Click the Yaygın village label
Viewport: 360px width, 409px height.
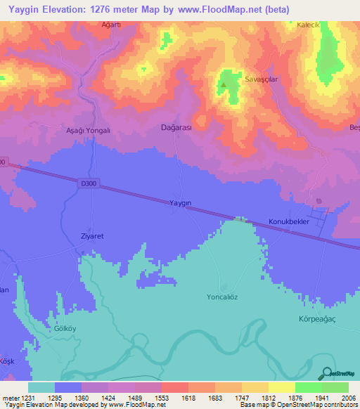[x=180, y=202]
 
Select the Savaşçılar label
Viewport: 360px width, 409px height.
[x=262, y=80]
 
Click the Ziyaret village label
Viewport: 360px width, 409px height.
[x=92, y=236]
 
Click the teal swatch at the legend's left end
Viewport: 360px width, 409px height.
[x=41, y=387]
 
